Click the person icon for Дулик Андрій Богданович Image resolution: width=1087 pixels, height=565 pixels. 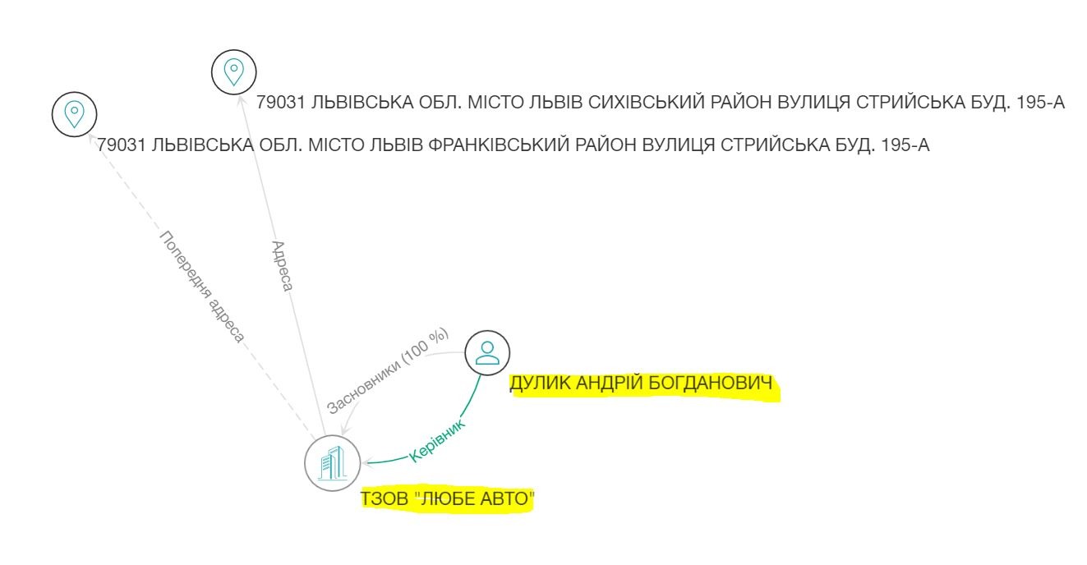487,353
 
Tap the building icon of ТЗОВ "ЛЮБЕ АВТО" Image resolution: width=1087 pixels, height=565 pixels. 333,463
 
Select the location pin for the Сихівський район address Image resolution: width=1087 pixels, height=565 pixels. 234,72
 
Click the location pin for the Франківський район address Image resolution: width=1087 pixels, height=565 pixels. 74,114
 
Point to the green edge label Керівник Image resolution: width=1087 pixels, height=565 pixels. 437,441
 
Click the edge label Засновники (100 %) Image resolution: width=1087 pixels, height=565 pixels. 387,371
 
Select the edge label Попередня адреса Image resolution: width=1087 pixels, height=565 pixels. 202,287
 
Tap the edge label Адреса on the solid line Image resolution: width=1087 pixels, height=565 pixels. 283,266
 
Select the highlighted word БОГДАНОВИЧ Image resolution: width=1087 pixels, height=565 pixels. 710,384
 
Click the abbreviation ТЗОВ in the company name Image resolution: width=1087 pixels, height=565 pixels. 385,498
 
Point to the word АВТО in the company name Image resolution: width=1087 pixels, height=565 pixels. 504,498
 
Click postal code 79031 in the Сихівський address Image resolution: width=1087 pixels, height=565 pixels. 280,103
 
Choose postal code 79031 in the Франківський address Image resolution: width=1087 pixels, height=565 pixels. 122,145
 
